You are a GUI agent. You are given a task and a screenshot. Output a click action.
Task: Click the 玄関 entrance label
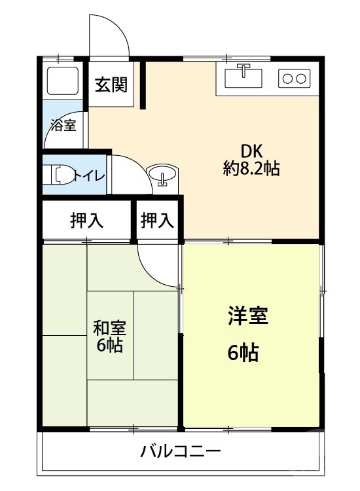click(111, 85)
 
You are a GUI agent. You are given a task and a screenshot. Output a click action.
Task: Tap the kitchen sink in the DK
click(243, 77)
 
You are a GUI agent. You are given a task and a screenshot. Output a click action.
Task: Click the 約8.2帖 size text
click(251, 169)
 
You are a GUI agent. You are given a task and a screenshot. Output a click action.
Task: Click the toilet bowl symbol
click(60, 175)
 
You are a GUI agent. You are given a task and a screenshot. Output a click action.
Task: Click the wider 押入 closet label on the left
click(87, 221)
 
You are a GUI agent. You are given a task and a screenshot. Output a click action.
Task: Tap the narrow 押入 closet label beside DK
click(158, 221)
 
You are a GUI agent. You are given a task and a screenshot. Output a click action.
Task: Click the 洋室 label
click(248, 317)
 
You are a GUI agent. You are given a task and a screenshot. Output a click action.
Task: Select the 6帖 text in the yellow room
click(243, 354)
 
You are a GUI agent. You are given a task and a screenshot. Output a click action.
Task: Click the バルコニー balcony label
click(181, 451)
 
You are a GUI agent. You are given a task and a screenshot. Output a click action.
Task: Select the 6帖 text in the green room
click(109, 346)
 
